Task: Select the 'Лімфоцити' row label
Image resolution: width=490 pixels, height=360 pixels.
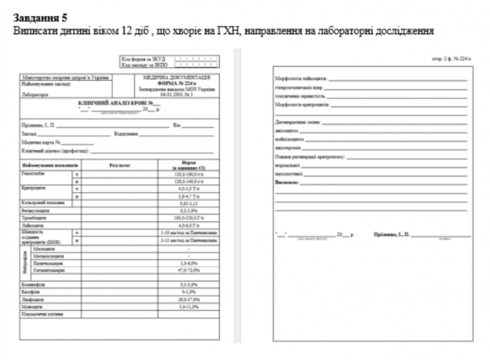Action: point(33,301)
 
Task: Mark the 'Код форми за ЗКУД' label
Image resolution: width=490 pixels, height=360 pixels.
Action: point(139,60)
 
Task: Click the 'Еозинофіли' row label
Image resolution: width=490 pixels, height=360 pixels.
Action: point(33,283)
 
